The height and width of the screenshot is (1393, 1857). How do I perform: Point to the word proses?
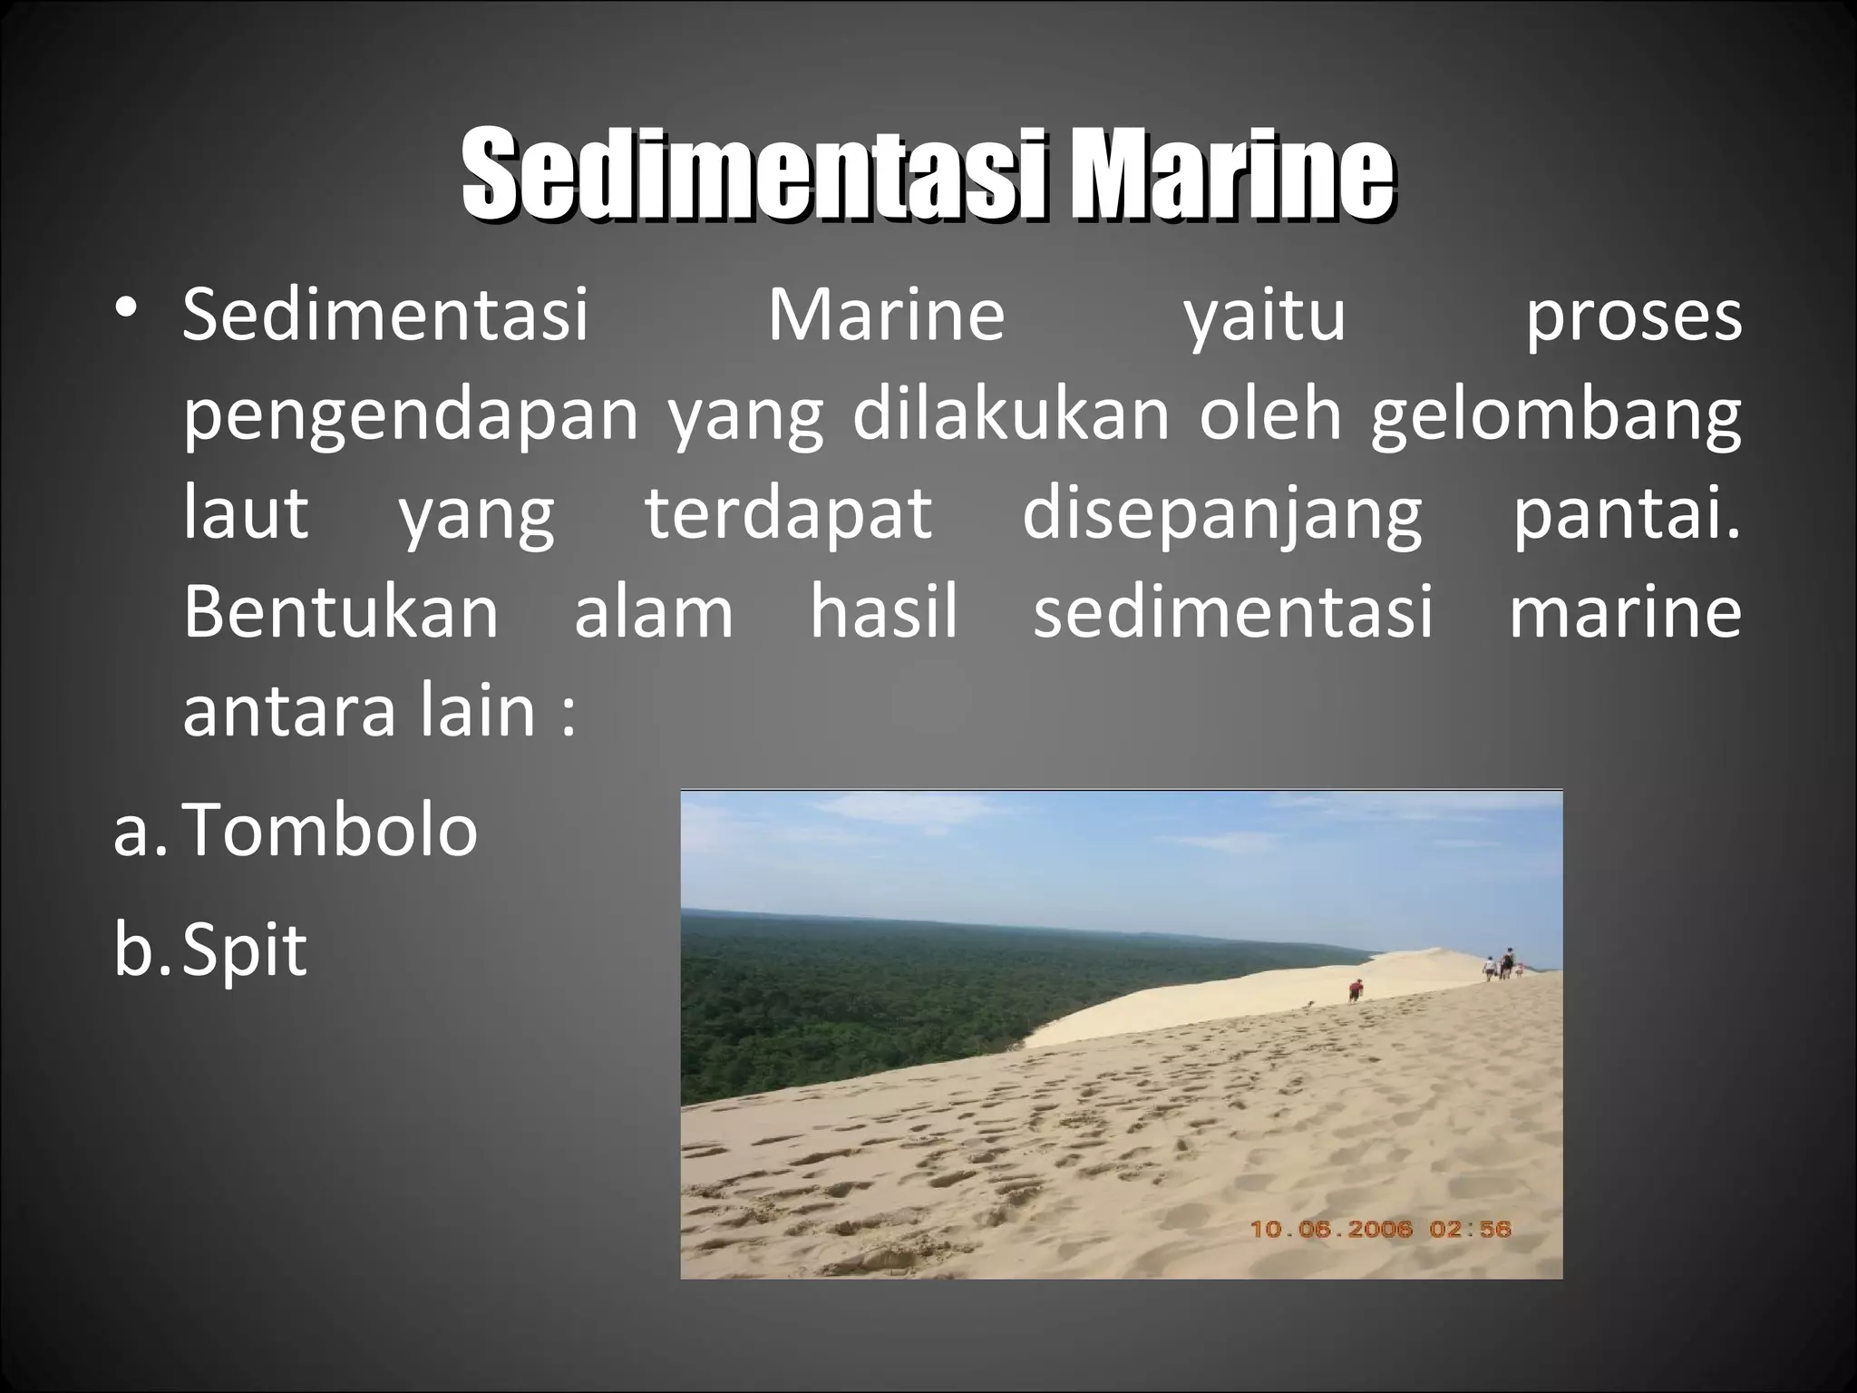click(x=1632, y=319)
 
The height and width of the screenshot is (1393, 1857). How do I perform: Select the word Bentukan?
click(x=341, y=613)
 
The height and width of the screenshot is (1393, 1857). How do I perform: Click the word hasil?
click(x=884, y=613)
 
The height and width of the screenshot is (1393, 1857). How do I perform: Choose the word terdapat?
click(x=789, y=515)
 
